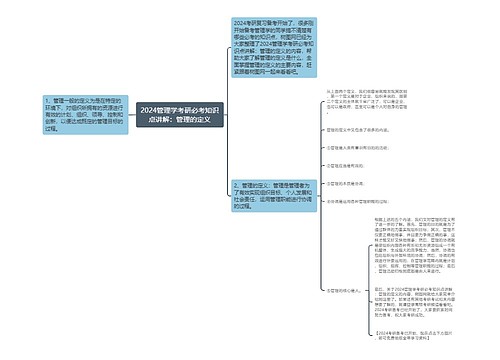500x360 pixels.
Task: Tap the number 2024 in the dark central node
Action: click(x=151, y=109)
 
